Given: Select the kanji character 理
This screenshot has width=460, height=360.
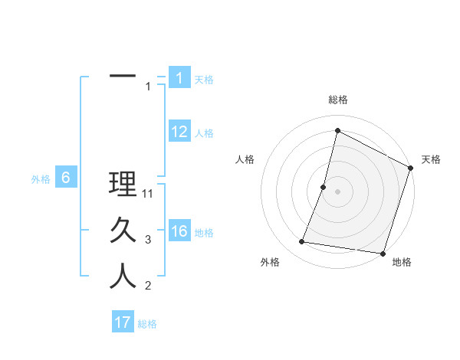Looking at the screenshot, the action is tap(123, 185).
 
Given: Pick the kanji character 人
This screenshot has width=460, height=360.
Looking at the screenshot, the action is tap(123, 276).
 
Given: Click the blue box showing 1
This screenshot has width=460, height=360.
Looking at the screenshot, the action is tap(179, 78).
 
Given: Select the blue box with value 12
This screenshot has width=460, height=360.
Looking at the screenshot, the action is tap(179, 132).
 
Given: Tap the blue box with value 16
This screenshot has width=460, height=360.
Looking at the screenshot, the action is tap(179, 231).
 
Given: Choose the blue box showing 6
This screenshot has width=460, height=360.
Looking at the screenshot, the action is tap(66, 178).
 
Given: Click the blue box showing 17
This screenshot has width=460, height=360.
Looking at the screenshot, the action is tap(123, 322).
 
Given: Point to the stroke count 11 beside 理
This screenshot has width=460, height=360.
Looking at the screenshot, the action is tap(149, 194).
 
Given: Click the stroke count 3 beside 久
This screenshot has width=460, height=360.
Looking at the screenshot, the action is tap(148, 240).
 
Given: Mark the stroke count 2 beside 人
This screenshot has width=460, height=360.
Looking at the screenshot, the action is tap(148, 286).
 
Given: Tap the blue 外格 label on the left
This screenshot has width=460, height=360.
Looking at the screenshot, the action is tap(41, 179).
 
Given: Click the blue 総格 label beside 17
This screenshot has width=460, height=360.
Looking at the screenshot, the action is tap(147, 323).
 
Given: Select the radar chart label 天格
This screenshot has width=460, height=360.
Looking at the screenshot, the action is tap(431, 159).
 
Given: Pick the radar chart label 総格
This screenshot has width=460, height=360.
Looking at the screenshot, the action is tap(337, 100).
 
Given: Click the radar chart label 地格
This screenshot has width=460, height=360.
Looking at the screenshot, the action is tap(402, 263).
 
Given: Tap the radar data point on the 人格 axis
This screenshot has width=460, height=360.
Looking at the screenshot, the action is tap(324, 187).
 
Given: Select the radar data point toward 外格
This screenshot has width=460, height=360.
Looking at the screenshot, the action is tap(302, 242).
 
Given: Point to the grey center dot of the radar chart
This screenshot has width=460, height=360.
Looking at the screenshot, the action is tap(337, 191).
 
